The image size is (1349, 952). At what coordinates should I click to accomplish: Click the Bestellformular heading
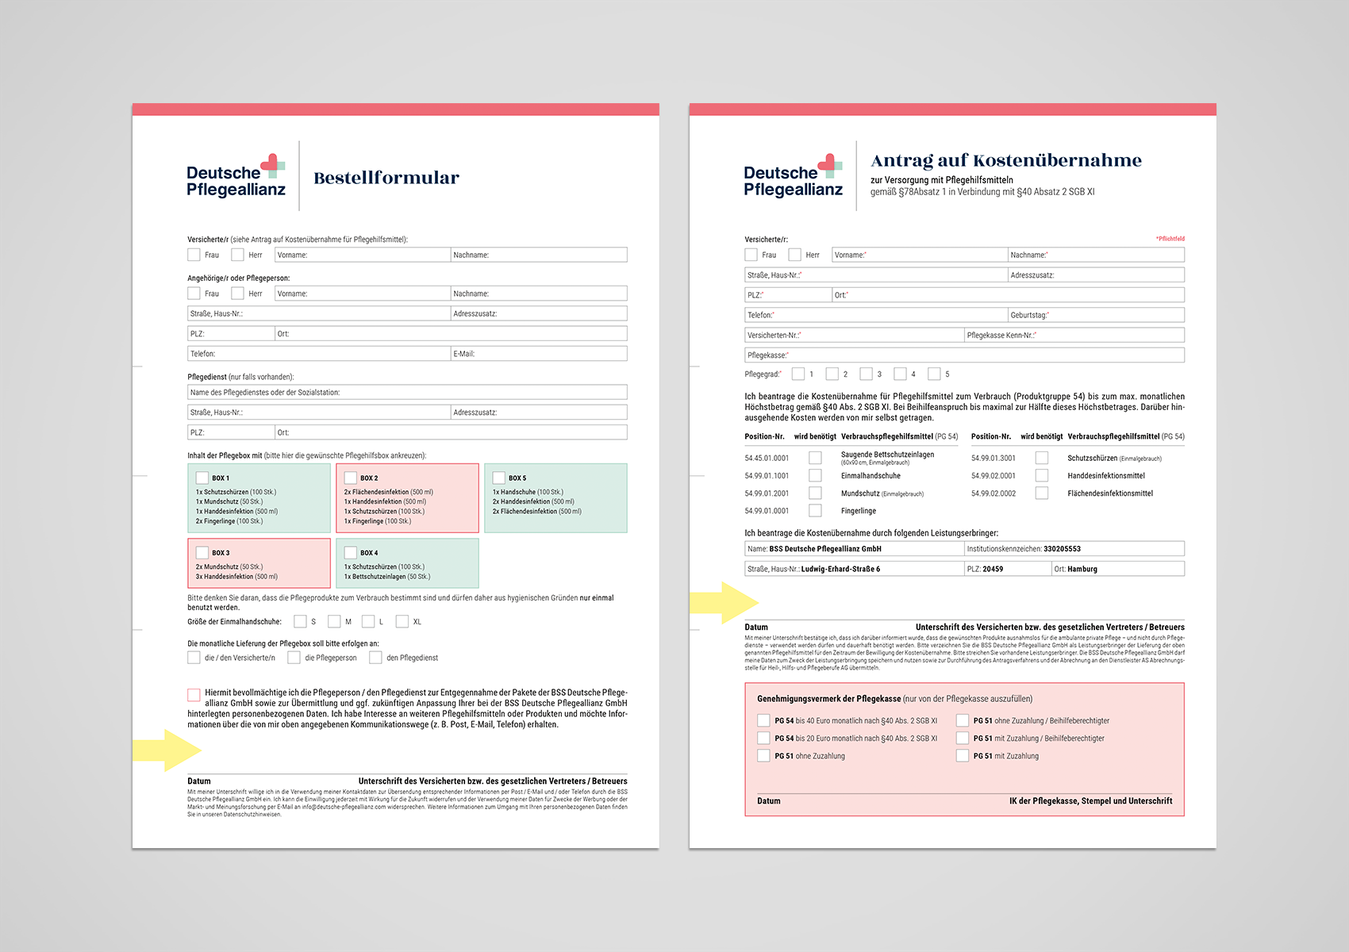pyautogui.click(x=386, y=178)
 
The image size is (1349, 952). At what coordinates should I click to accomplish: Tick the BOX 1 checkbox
pyautogui.click(x=202, y=478)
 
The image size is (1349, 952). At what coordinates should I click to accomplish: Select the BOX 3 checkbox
pyautogui.click(x=202, y=553)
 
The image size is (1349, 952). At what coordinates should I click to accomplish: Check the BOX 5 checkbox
pyautogui.click(x=499, y=478)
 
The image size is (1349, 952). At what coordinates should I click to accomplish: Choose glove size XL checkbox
pyautogui.click(x=402, y=621)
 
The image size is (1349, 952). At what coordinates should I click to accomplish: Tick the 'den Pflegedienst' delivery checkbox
pyautogui.click(x=376, y=658)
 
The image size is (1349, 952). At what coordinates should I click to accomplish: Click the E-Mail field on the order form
pyautogui.click(x=540, y=354)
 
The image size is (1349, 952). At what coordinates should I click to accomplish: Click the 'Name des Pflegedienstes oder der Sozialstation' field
pyautogui.click(x=407, y=392)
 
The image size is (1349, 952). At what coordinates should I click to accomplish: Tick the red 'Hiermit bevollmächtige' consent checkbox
pyautogui.click(x=194, y=695)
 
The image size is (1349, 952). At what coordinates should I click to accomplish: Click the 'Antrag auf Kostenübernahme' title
pyautogui.click(x=1006, y=161)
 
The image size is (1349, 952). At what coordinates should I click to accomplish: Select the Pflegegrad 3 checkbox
pyautogui.click(x=867, y=374)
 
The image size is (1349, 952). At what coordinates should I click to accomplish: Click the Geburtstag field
pyautogui.click(x=1096, y=315)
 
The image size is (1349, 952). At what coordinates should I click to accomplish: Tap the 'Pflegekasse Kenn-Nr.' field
pyautogui.click(x=1074, y=336)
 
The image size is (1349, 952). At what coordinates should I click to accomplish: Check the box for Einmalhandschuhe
pyautogui.click(x=815, y=475)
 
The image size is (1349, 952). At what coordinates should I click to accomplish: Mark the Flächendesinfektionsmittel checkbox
pyautogui.click(x=1042, y=493)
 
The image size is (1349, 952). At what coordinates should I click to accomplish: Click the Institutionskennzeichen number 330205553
pyautogui.click(x=1062, y=549)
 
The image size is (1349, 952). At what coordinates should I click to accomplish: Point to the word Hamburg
pyautogui.click(x=1082, y=569)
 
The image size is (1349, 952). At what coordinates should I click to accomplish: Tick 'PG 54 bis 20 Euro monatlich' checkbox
pyautogui.click(x=763, y=738)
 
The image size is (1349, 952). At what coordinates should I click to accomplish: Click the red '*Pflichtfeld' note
pyautogui.click(x=1170, y=238)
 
